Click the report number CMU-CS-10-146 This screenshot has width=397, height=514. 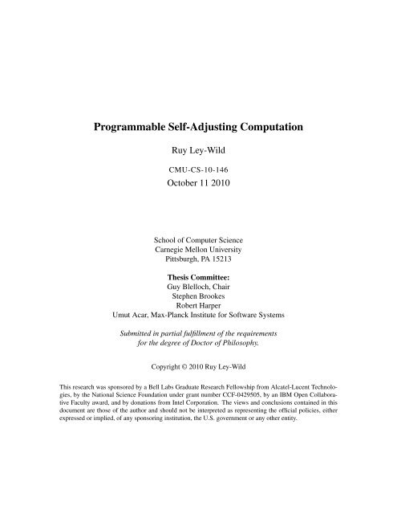[x=198, y=170]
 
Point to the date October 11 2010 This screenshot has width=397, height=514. [x=198, y=186]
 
